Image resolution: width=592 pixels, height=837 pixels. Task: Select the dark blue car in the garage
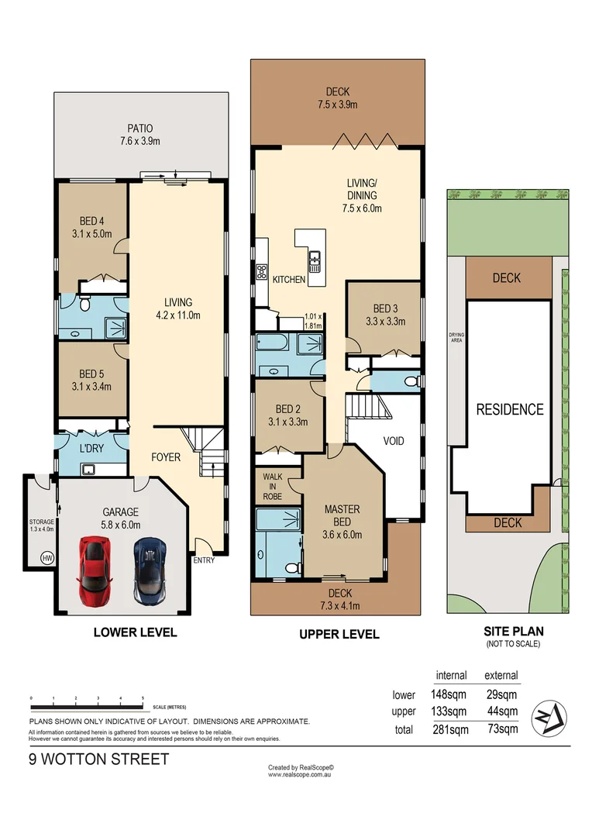148,571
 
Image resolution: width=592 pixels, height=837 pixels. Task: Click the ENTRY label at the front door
205,560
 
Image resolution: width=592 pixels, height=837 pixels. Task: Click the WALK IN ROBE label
272,487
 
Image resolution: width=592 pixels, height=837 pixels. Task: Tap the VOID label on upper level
394,441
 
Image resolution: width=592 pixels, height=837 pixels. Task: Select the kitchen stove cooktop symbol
262,271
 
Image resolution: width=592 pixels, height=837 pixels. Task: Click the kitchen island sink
315,257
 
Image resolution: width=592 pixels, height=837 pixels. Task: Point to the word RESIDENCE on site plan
509,409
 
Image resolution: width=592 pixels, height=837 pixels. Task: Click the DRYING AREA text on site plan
456,337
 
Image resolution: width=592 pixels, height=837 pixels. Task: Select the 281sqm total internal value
449,728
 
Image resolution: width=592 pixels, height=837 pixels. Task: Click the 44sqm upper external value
501,711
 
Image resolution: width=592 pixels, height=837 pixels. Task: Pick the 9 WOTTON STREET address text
98,759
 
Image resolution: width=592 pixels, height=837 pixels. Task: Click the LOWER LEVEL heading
135,632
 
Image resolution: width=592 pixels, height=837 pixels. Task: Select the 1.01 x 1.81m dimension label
313,321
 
